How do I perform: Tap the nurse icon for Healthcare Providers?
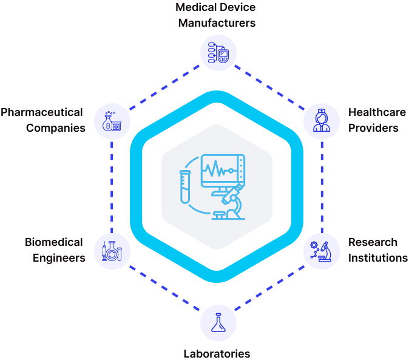(x=320, y=120)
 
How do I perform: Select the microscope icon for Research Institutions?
(x=320, y=251)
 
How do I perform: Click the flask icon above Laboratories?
(x=217, y=321)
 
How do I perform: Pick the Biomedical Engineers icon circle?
(x=112, y=250)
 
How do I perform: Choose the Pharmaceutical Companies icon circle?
(x=112, y=120)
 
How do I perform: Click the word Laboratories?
(x=217, y=353)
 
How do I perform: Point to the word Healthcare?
(x=377, y=113)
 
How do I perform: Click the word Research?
(x=373, y=242)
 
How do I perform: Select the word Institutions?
(x=378, y=257)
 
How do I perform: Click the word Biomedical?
(x=54, y=242)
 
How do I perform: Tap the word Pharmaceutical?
(x=42, y=113)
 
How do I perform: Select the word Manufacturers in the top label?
(x=215, y=23)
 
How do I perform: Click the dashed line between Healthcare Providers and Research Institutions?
(x=321, y=185)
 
